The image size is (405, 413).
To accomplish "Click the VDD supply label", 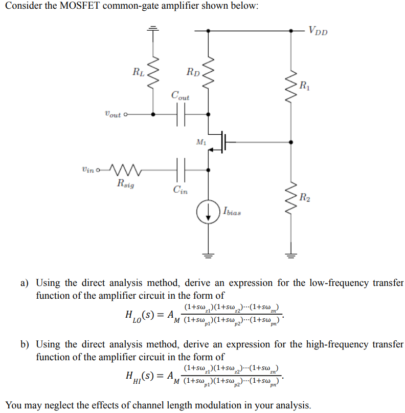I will [318, 31].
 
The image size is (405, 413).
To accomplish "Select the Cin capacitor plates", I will [180, 166].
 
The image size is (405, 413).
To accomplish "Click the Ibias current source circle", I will [208, 213].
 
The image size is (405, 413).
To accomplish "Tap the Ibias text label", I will [231, 211].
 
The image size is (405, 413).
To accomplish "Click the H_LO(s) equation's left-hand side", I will [141, 314].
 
